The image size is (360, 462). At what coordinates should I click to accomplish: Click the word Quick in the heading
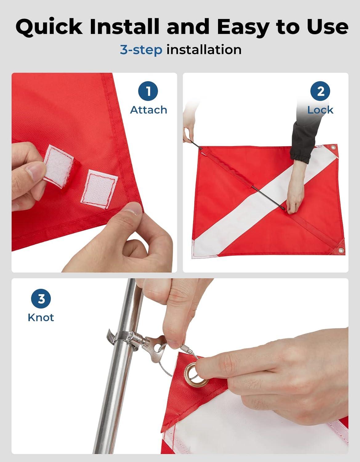(49, 27)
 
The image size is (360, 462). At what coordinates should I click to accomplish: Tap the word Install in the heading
(124, 26)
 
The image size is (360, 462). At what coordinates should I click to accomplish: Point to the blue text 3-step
(141, 50)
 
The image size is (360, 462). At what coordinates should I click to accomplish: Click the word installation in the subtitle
(204, 50)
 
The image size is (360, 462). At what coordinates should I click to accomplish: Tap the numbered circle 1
(148, 91)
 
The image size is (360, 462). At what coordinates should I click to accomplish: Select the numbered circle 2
(320, 91)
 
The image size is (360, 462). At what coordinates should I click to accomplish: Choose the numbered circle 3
(41, 299)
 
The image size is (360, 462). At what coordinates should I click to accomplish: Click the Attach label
(148, 110)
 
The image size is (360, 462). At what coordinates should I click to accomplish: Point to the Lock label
(320, 110)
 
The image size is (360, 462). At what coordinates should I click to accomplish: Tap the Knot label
(41, 318)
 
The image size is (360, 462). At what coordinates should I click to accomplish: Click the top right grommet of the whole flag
(333, 147)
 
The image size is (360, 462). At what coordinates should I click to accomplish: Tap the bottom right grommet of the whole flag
(340, 250)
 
